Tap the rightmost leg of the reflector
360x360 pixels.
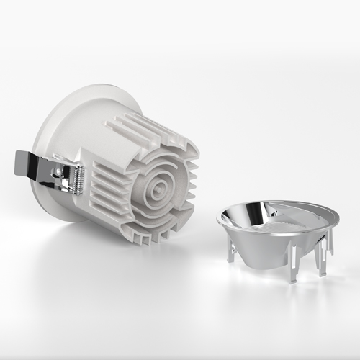[x=330, y=242]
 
